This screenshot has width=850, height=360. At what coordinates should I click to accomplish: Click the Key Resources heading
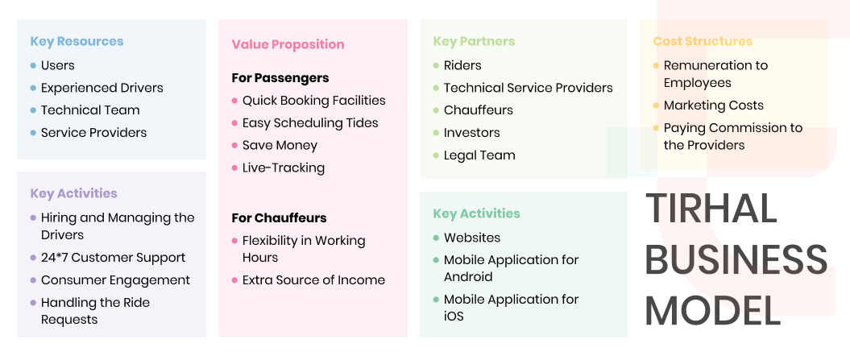[77, 41]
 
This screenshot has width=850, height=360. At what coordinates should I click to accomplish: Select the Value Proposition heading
[288, 44]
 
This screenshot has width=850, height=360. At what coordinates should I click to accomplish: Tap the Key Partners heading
[473, 41]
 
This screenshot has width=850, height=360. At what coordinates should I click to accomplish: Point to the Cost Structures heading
[703, 41]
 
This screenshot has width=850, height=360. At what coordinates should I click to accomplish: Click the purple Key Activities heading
[73, 193]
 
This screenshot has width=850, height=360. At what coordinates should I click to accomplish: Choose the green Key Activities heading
[476, 213]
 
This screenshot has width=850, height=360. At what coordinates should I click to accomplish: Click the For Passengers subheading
[280, 78]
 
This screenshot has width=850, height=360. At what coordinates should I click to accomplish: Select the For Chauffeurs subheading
[280, 218]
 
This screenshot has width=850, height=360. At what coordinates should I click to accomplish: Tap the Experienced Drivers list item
[102, 88]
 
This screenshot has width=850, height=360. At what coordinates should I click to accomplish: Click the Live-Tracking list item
[283, 168]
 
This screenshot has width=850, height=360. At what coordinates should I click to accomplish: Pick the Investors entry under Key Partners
[471, 133]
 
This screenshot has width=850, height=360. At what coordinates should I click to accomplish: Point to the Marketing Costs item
[713, 106]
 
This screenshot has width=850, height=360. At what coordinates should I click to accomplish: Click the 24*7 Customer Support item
[113, 258]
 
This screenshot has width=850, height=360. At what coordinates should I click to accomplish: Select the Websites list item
[471, 238]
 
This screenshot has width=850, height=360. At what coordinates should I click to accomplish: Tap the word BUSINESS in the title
[736, 260]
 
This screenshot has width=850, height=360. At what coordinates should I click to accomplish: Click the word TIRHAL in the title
[711, 209]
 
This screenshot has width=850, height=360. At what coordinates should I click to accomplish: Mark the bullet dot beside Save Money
[234, 146]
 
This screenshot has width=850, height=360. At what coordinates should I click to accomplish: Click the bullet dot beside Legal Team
[436, 155]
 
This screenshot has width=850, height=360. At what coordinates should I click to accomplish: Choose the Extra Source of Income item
[313, 280]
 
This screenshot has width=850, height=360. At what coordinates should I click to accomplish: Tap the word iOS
[454, 317]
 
